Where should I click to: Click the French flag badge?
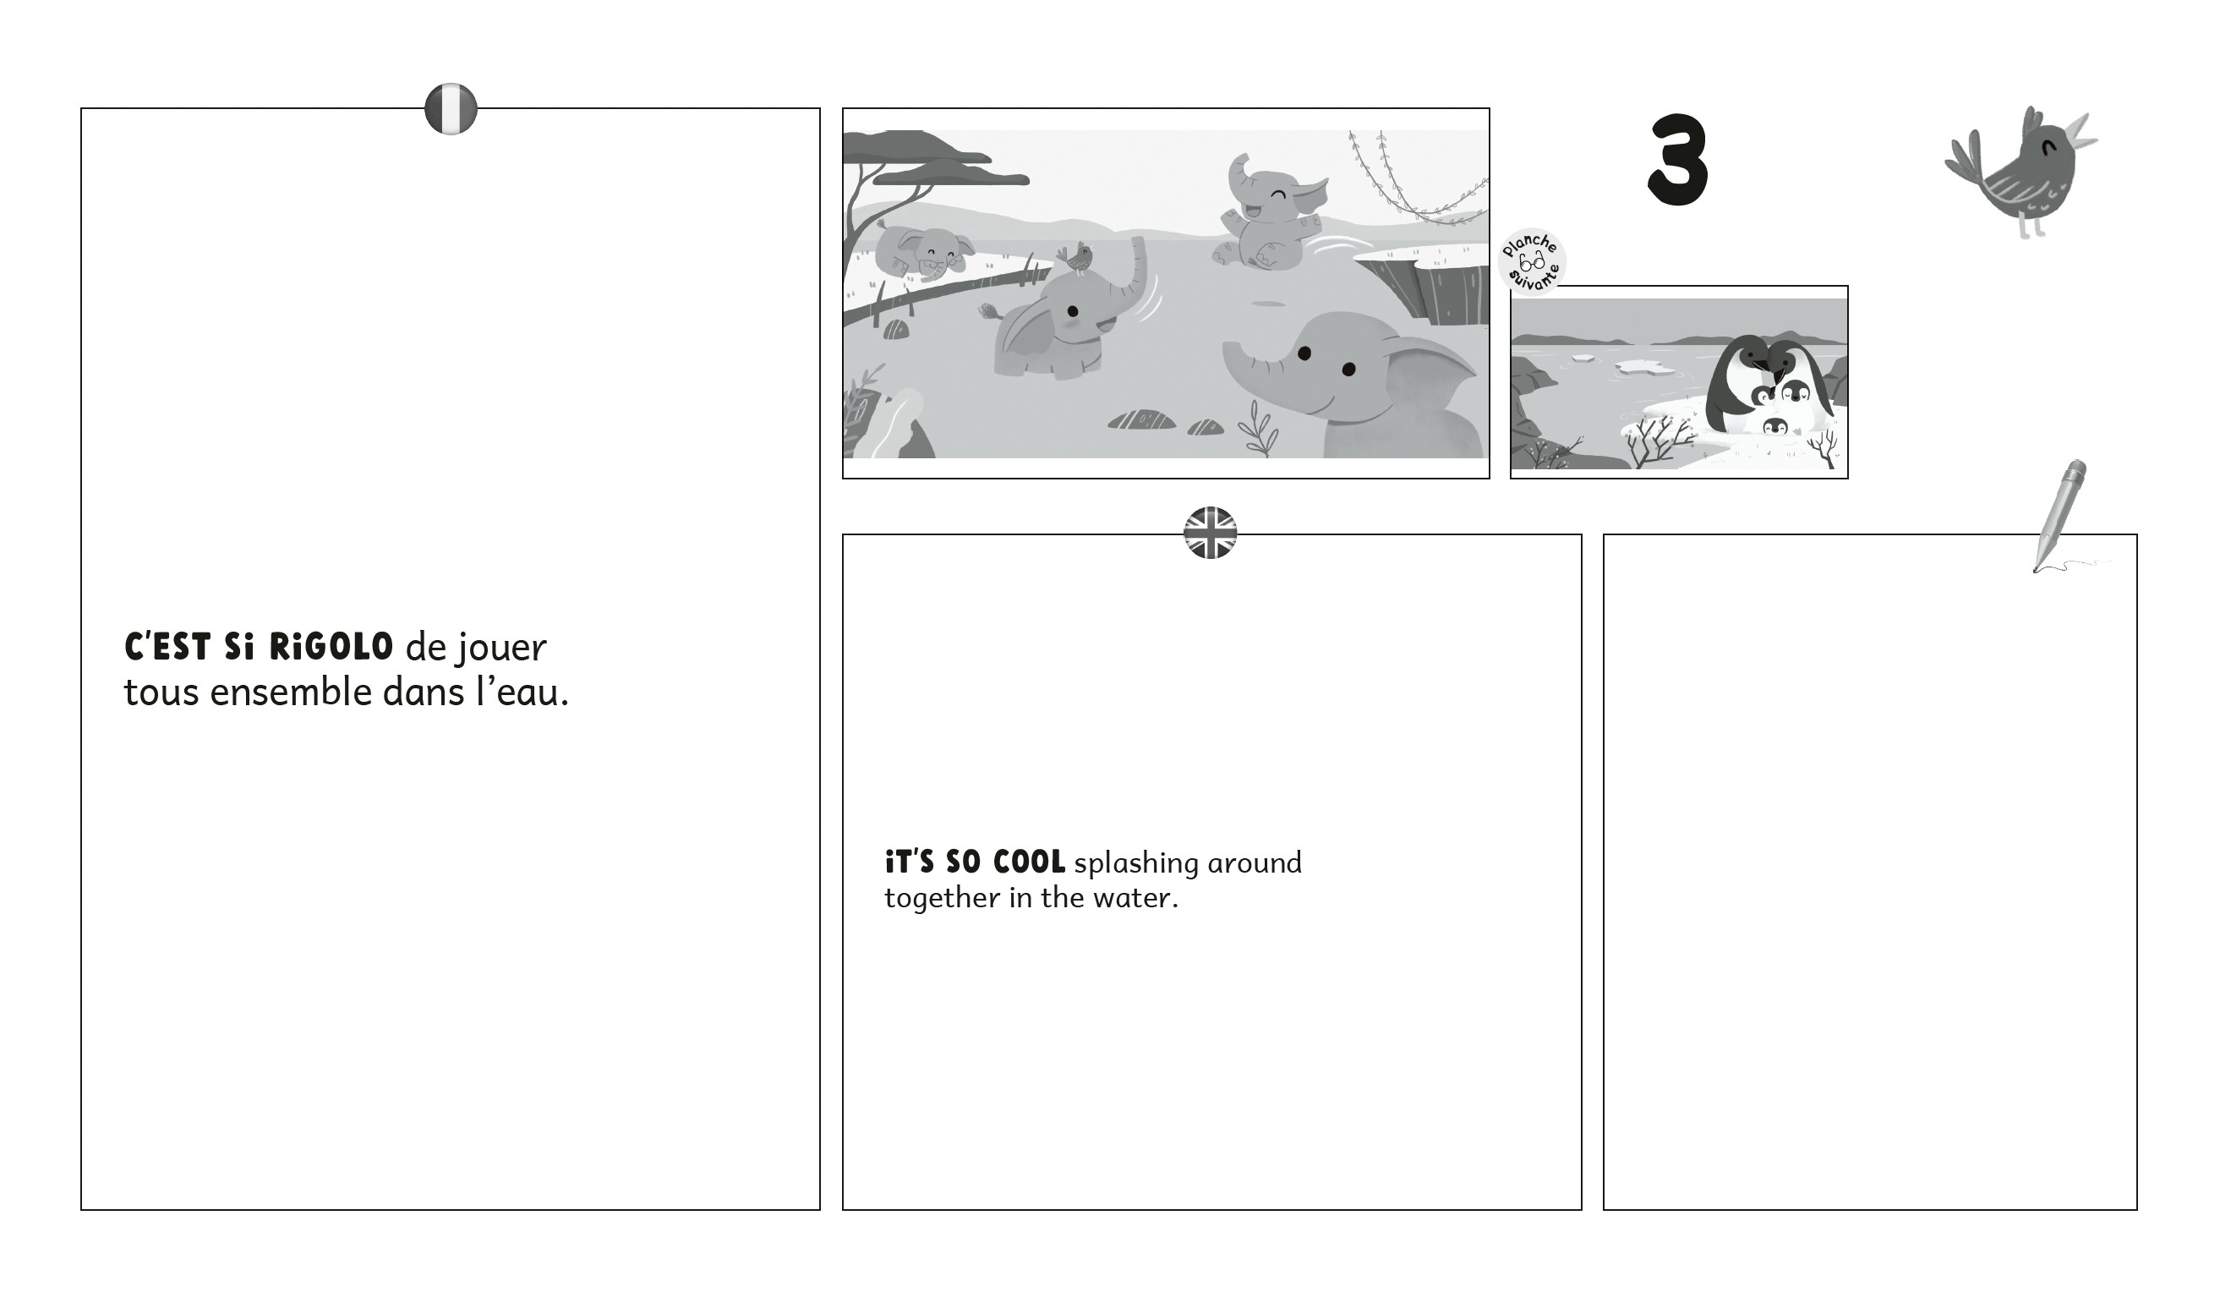[x=451, y=109]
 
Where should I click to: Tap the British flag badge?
[x=1210, y=533]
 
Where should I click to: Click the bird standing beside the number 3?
[x=2024, y=172]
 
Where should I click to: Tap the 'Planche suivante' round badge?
[x=1532, y=261]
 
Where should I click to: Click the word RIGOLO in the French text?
[x=331, y=647]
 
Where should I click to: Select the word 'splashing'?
[x=1136, y=863]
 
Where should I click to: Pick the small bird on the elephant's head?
[x=1076, y=257]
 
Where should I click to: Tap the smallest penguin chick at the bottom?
[x=1774, y=427]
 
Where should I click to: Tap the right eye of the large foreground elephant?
[x=1348, y=370]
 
